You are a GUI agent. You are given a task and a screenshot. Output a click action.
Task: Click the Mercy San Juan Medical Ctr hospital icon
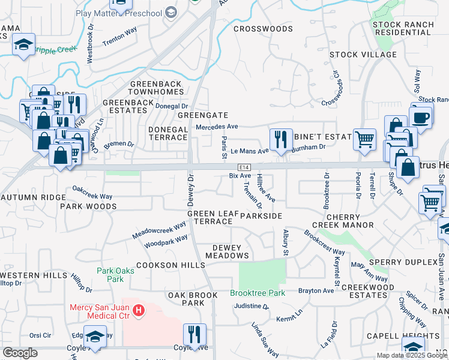tap(139, 310)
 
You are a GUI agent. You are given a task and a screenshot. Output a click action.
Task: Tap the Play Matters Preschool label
tap(119, 13)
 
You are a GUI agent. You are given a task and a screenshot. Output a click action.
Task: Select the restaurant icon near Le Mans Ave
tap(280, 140)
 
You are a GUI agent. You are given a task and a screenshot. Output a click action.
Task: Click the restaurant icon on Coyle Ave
tap(194, 334)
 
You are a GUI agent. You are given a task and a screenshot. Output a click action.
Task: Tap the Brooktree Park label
tap(258, 293)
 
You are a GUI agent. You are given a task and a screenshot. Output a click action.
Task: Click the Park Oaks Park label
tap(110, 275)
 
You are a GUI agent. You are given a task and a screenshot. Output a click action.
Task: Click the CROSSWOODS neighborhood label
tap(263, 29)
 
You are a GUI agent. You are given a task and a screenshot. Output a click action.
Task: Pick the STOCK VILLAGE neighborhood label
tap(363, 55)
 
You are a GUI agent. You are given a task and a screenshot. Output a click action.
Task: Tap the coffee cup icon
tap(421, 116)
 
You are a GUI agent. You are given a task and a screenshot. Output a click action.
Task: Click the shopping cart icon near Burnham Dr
tap(364, 139)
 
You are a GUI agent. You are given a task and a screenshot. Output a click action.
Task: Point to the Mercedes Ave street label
tap(217, 127)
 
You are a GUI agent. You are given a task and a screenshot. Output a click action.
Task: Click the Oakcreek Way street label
tap(92, 193)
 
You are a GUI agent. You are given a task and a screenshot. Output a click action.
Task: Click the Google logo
tap(20, 353)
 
